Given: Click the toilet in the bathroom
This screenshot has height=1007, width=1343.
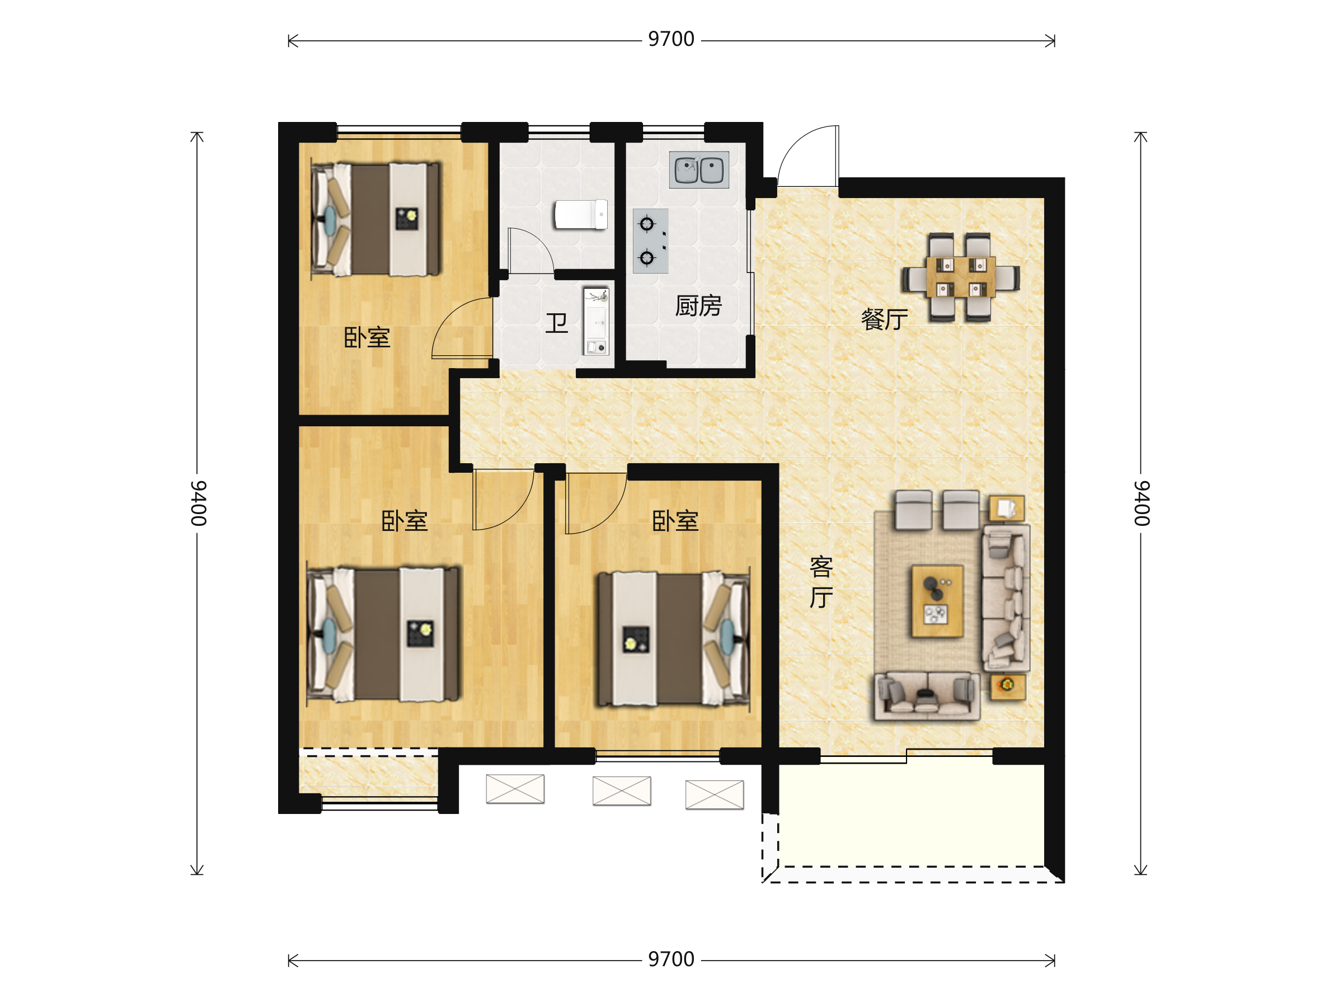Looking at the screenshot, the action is point(580,215).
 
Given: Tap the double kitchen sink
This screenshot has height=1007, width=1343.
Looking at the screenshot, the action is point(699,170).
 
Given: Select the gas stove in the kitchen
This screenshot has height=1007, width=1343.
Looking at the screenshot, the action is point(650,241).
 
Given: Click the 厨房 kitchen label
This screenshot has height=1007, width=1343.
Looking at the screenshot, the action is point(698,306).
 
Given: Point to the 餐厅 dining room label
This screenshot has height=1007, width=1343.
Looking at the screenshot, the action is point(885,319).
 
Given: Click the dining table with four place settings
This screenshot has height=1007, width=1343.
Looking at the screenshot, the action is point(960,277).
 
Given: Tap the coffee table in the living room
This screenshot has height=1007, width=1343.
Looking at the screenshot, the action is point(937,601).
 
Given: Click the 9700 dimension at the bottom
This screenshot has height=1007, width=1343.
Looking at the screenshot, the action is point(671,959).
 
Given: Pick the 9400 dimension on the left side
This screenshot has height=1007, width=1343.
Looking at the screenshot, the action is point(199,503).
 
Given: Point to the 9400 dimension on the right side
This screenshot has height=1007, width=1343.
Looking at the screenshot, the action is point(1142,503).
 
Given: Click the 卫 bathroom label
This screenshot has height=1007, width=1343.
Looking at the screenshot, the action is point(556,323).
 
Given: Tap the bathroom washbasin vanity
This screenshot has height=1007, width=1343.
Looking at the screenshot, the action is point(595,321).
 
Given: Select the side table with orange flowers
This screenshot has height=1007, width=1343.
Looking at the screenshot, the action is point(1008,686).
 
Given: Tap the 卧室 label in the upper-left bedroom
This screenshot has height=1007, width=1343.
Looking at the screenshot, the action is point(367,337).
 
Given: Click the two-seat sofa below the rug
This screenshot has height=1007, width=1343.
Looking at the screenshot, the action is point(927,695).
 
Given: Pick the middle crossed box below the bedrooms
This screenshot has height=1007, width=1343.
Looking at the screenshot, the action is point(622,791).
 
